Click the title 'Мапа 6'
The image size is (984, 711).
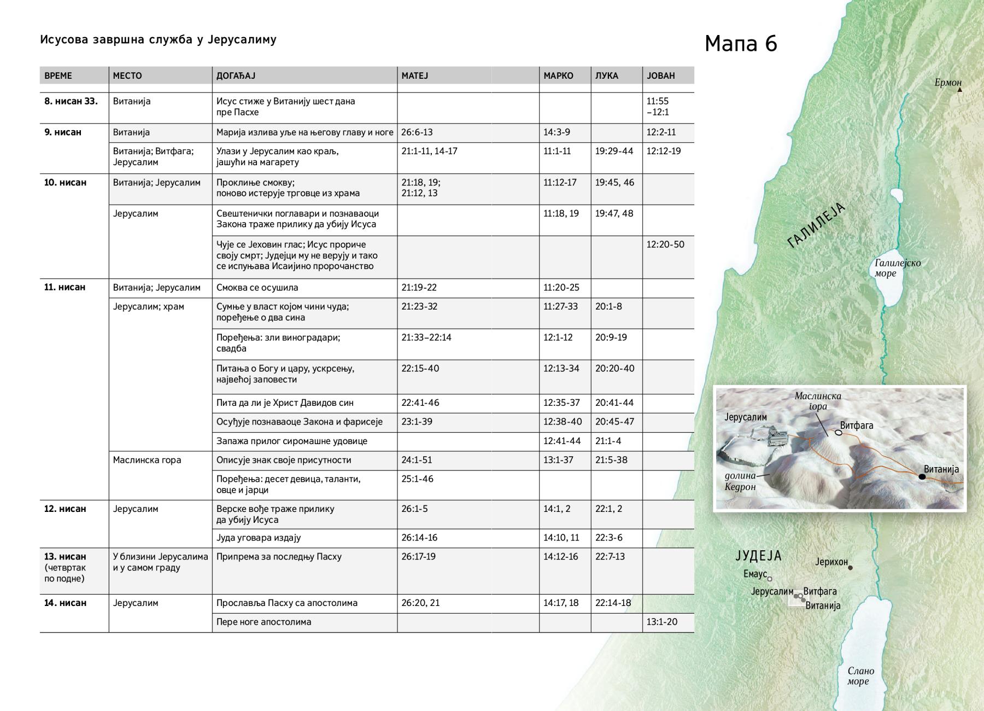click(741, 44)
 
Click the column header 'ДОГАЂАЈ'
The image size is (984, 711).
click(236, 75)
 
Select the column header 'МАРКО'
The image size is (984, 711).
click(558, 75)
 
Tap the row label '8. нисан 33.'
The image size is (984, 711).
click(71, 101)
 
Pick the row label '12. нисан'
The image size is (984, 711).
click(65, 509)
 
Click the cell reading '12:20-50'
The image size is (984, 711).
click(665, 244)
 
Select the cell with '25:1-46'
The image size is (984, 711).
click(417, 479)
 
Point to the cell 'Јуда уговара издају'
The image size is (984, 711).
click(259, 538)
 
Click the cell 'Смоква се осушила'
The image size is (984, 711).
click(257, 288)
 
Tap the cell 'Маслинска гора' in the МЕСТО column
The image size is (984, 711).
click(147, 460)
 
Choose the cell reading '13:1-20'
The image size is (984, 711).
click(662, 622)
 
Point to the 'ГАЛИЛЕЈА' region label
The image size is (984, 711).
click(816, 225)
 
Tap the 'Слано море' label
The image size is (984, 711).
click(860, 676)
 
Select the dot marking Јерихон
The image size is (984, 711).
click(850, 568)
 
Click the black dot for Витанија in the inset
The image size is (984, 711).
click(922, 477)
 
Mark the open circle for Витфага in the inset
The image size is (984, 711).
click(838, 433)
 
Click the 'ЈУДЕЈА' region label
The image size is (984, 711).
click(759, 556)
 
